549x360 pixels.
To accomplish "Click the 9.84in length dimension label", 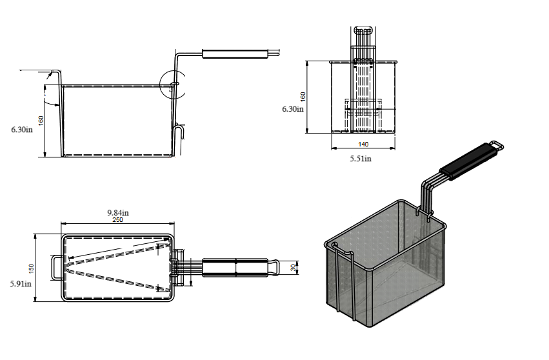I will click(117, 212).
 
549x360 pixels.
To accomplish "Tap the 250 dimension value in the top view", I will click(117, 220).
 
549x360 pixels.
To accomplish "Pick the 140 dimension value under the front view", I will click(363, 145).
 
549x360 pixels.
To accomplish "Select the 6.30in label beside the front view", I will click(292, 109).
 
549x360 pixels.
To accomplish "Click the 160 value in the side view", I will click(41, 121).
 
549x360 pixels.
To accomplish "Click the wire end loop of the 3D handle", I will click(496, 146).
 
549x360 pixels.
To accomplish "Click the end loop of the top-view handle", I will click(274, 266).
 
